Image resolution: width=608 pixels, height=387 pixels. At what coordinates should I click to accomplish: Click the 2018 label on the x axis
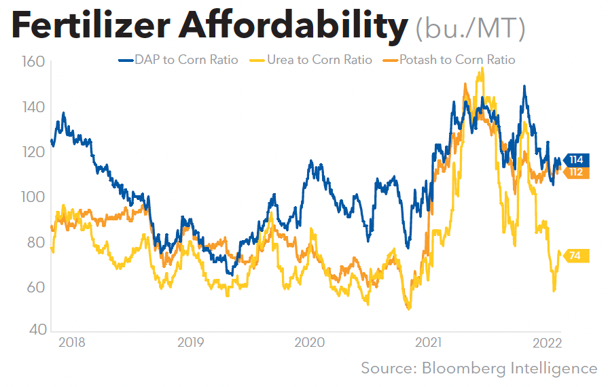pyautogui.click(x=72, y=341)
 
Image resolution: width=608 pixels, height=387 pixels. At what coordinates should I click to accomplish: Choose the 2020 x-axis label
pyautogui.click(x=309, y=341)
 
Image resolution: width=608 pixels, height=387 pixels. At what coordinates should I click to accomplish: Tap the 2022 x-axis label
pyautogui.click(x=546, y=341)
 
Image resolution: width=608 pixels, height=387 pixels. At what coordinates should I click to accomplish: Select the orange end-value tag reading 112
pyautogui.click(x=575, y=172)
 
